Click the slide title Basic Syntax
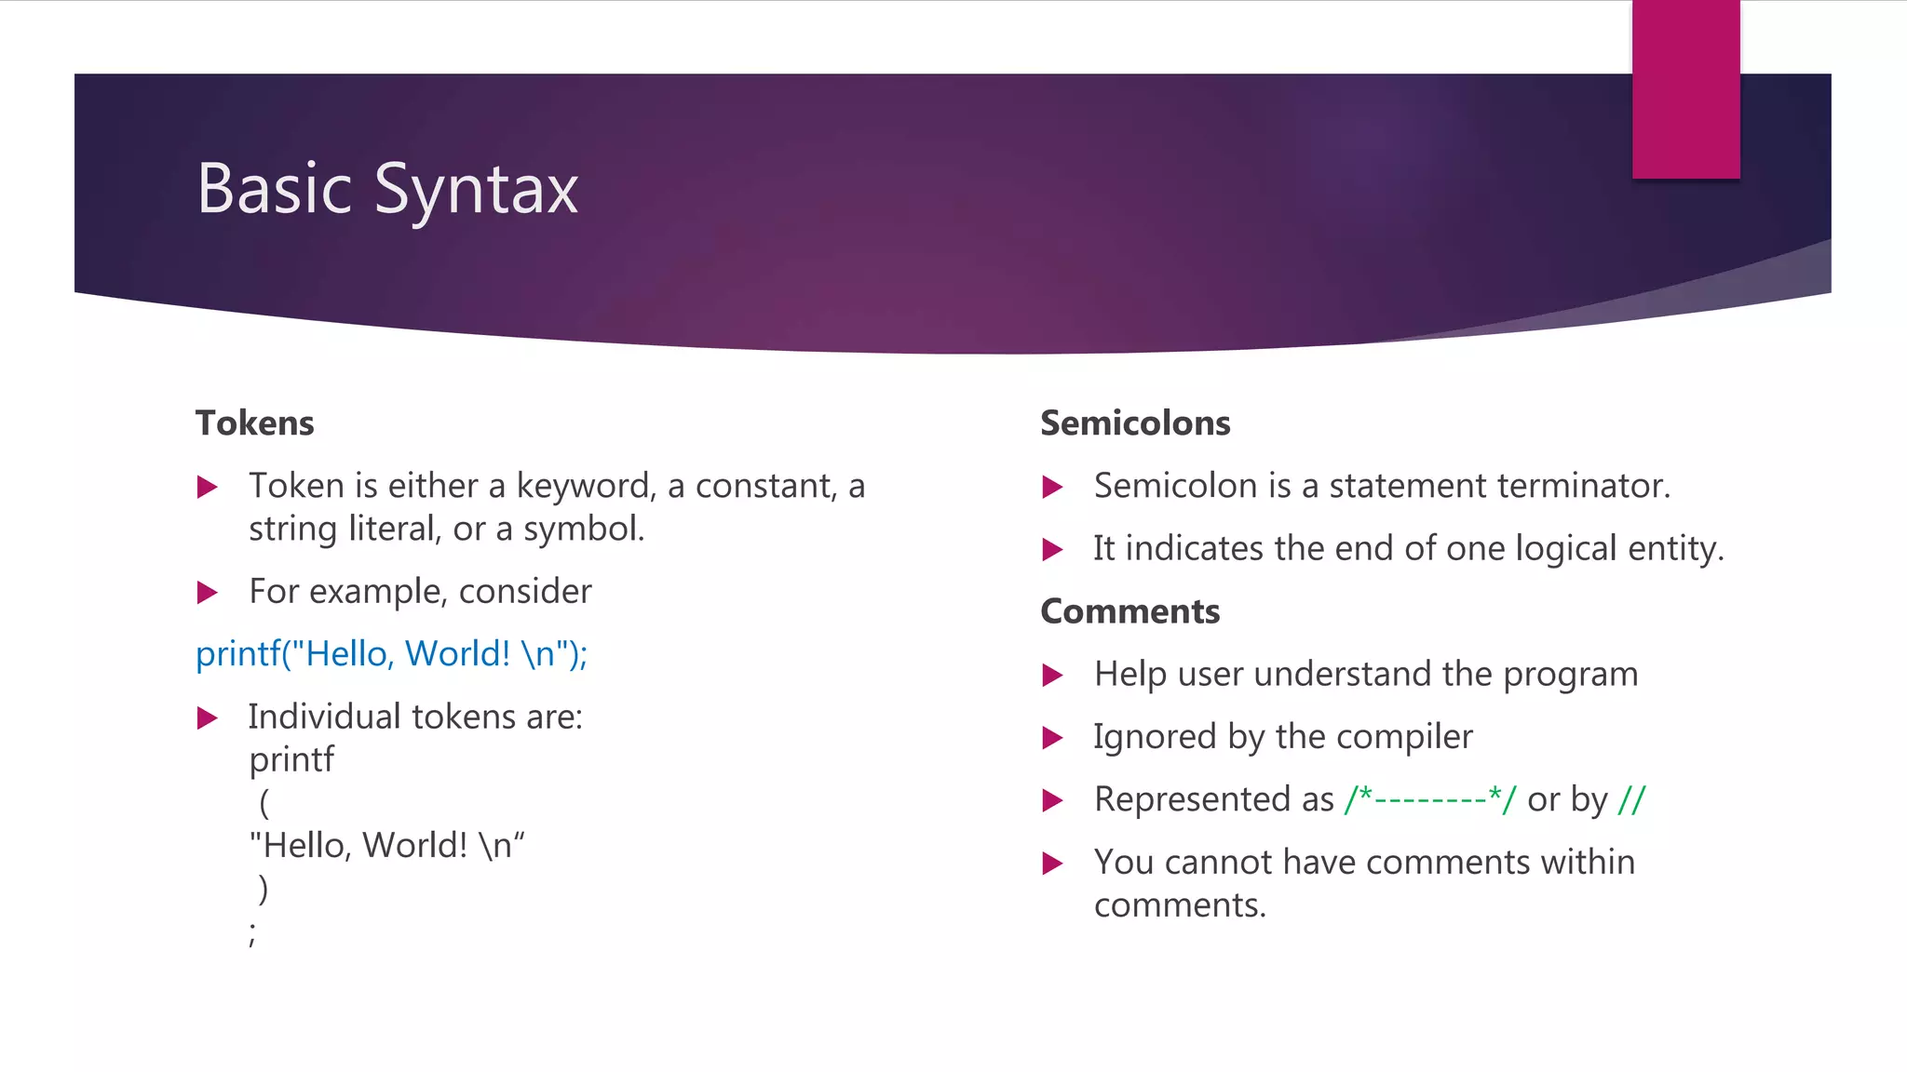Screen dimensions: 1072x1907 tap(387, 190)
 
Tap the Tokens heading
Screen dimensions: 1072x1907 tap(254, 423)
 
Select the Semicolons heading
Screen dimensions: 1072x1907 tap(1135, 423)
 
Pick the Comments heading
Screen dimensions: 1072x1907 tap(1129, 611)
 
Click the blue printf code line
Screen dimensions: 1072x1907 tap(391, 654)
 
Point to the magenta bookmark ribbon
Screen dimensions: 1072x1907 tap(1685, 89)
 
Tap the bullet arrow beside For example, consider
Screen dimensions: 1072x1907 tap(208, 593)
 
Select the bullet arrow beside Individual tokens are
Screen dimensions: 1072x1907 tap(208, 718)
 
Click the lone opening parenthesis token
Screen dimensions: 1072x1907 tap(264, 802)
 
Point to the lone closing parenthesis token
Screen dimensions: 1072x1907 tap(264, 889)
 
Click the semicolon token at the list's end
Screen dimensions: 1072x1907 tap(252, 933)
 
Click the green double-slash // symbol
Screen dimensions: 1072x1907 tap(1631, 799)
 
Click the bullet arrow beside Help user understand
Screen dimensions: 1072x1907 tap(1053, 676)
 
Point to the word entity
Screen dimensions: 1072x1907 tap(1675, 549)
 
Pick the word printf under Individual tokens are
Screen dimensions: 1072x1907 tap(291, 760)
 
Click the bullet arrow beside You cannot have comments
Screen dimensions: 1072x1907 tap(1053, 864)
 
